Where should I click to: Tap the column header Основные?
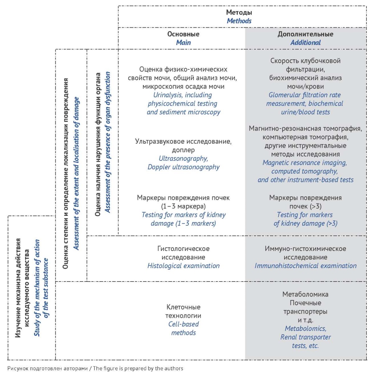pos(183,34)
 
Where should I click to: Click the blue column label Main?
pos(183,43)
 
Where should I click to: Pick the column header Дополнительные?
pos(305,34)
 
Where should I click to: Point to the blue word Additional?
pos(305,43)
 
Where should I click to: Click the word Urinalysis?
pos(168,95)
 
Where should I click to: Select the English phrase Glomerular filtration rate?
pos(305,95)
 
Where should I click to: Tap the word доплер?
pos(183,150)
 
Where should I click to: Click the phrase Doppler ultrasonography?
pos(183,167)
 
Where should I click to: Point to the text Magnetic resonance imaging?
pos(305,163)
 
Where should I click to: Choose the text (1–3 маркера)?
pos(183,206)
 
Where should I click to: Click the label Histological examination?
pos(183,266)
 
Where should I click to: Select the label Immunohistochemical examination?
pos(305,266)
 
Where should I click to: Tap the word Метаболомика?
pos(305,294)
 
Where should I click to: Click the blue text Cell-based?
pos(183,324)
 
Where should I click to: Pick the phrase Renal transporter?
pos(305,337)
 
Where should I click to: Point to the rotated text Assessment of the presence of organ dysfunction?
pos(108,142)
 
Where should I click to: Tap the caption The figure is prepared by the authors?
pos(138,368)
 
